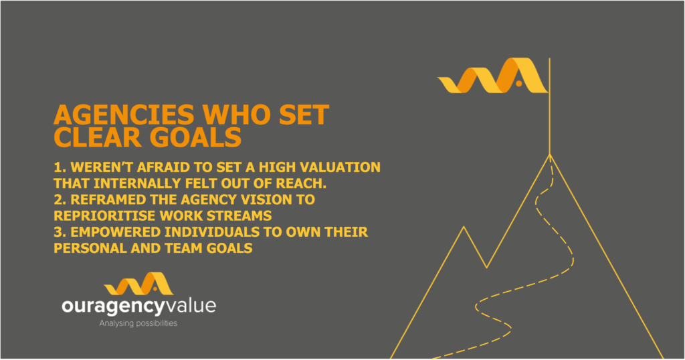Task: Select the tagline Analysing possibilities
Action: pyautogui.click(x=138, y=324)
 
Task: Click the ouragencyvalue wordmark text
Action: pyautogui.click(x=139, y=306)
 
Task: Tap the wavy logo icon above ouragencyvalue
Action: pyautogui.click(x=138, y=284)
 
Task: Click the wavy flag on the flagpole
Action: pyautogui.click(x=492, y=75)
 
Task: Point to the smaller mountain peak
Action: pyautogui.click(x=464, y=227)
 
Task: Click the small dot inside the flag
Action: pyautogui.click(x=518, y=84)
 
